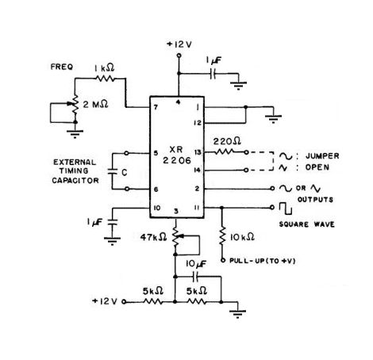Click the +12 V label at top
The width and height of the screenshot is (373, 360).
[179, 44]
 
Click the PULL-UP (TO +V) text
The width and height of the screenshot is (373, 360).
[266, 259]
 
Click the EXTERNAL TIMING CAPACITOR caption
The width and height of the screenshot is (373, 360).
[76, 170]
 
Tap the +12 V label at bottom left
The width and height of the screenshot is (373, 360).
[108, 302]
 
